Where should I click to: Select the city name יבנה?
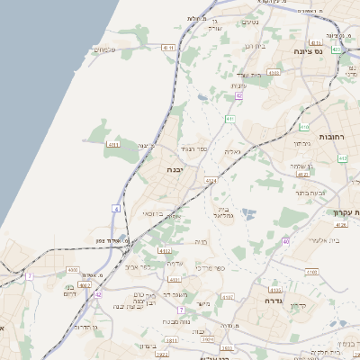pos(175,169)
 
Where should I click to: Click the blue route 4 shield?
pos(115,208)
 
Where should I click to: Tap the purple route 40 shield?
pos(285,241)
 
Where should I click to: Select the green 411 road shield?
pos(230,119)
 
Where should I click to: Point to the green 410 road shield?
pos(304,128)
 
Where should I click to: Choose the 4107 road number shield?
pos(228,296)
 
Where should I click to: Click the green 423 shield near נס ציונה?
pos(336,49)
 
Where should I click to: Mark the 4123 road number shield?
pos(211,181)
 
